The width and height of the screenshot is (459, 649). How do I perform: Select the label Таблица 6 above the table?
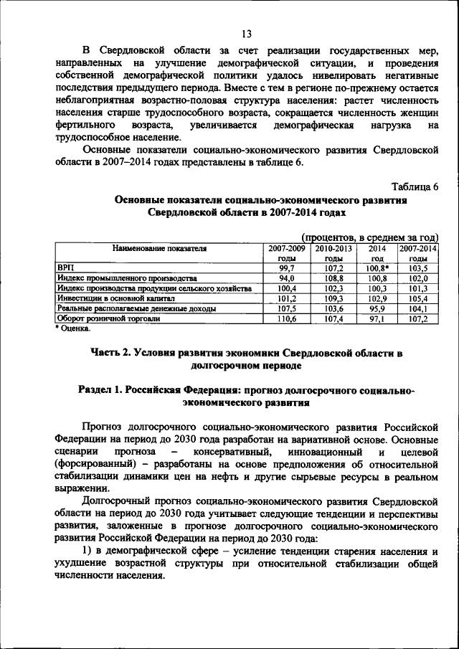[x=412, y=187]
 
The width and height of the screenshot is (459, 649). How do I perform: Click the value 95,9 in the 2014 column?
[x=377, y=308]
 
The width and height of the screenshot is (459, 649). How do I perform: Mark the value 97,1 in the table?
[x=377, y=318]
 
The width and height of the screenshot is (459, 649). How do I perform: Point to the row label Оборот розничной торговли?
[x=108, y=318]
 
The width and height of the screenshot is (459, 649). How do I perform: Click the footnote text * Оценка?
[x=74, y=328]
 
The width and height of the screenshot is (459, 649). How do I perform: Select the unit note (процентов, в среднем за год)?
[x=370, y=237]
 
